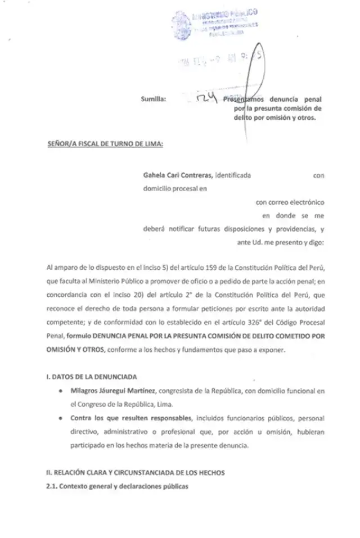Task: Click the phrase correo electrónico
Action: [297, 202]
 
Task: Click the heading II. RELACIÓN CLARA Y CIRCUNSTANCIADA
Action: [136, 473]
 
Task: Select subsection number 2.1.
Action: [52, 486]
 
